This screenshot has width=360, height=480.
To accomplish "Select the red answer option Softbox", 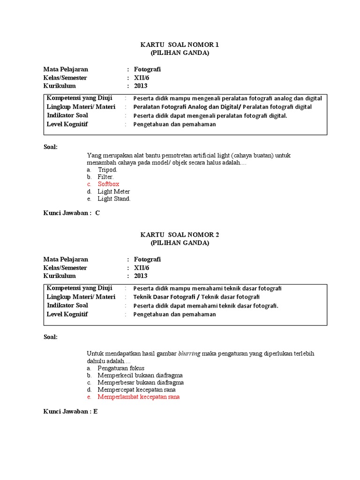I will (x=108, y=184).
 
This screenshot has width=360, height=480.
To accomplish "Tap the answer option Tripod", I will (x=107, y=169).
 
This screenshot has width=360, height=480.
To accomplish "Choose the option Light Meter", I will (x=114, y=192).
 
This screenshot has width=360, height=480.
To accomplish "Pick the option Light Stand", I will (x=114, y=199).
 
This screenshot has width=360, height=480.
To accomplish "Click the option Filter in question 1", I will (x=105, y=177).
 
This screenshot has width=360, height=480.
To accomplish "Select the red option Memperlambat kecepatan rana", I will (x=138, y=397).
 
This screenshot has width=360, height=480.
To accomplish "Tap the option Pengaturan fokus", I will (x=121, y=368).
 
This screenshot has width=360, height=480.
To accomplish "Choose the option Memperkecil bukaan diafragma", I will (x=140, y=375).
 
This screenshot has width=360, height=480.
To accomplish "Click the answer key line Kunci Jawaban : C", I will (x=71, y=213).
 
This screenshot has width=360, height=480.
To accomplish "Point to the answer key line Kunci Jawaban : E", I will (x=70, y=412).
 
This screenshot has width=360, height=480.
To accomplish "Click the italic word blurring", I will (x=189, y=353).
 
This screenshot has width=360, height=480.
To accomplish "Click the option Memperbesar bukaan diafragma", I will (x=140, y=382).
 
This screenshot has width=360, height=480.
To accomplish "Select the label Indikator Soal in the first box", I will (x=67, y=115).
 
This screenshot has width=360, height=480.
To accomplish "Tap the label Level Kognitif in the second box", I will (x=67, y=314).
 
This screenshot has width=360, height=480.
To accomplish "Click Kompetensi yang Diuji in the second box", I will (x=79, y=288).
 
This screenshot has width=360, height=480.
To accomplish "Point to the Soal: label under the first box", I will (x=51, y=147).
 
